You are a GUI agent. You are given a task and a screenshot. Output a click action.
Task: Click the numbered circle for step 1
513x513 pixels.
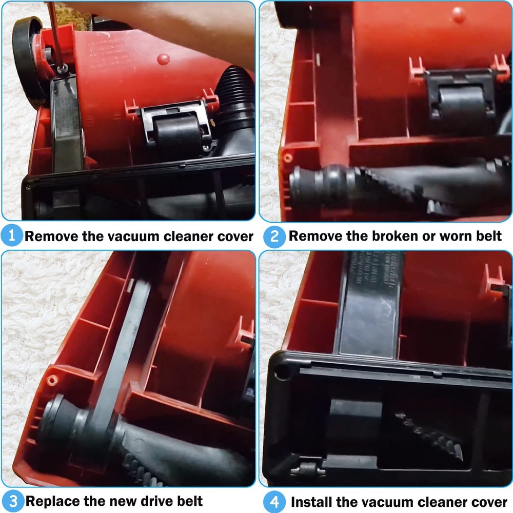[12, 236]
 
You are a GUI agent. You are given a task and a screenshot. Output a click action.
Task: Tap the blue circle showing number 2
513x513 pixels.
[274, 236]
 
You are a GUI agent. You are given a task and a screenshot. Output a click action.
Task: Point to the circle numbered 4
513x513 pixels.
[274, 501]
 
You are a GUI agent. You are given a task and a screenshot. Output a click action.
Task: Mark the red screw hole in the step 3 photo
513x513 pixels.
[52, 380]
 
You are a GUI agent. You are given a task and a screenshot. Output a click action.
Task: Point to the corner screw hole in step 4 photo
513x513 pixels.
[280, 373]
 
